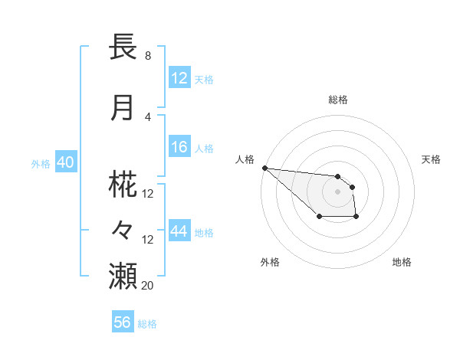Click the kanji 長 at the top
click(123, 47)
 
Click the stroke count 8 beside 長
click(147, 56)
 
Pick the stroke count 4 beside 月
click(147, 116)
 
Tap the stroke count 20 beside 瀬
click(148, 285)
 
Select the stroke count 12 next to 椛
click(148, 194)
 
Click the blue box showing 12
click(179, 77)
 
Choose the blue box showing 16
click(179, 147)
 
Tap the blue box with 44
click(179, 231)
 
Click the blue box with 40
click(65, 162)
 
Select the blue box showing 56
click(122, 322)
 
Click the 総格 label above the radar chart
click(338, 100)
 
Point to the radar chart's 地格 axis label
click(402, 262)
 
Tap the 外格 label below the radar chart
click(270, 262)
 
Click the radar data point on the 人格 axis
click(264, 168)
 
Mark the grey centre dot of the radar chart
click(337, 191)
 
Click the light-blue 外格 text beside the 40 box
click(41, 163)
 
